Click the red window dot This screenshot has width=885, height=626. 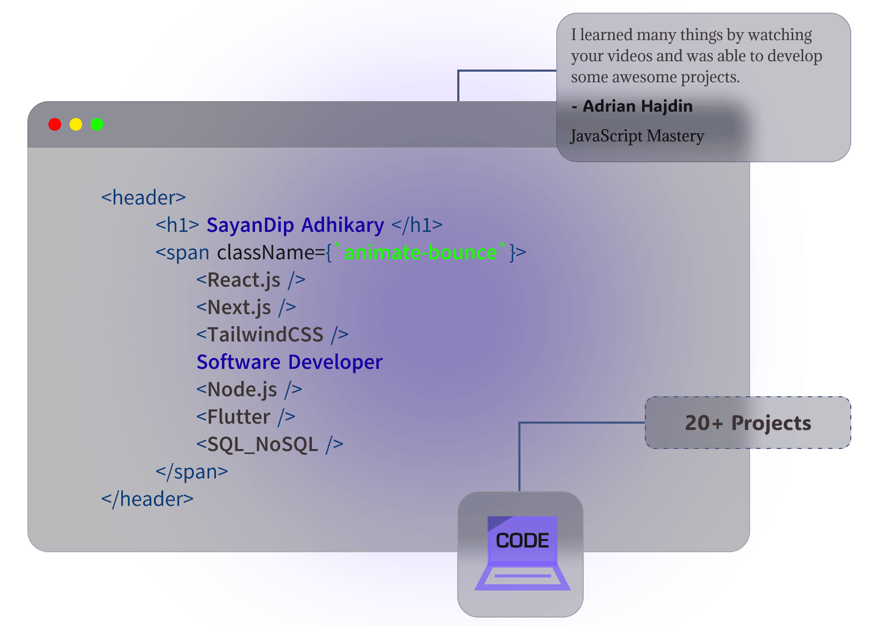55,124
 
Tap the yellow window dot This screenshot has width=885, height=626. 76,124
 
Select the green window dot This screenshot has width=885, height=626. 97,124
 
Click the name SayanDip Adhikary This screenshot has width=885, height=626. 295,226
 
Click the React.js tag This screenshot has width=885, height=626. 251,280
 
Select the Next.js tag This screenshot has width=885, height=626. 246,308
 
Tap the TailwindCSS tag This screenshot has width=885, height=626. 273,334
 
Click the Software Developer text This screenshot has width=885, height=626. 290,362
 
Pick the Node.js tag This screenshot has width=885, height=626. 249,390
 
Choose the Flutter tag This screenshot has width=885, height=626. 245,417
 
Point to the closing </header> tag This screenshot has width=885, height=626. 147,499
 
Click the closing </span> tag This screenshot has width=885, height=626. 192,472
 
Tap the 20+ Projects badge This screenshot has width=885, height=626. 748,423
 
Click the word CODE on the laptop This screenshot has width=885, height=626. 523,541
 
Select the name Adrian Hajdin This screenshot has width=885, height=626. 637,106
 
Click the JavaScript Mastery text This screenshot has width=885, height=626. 637,136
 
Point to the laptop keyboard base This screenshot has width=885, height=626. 523,578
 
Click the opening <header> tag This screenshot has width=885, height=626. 143,198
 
